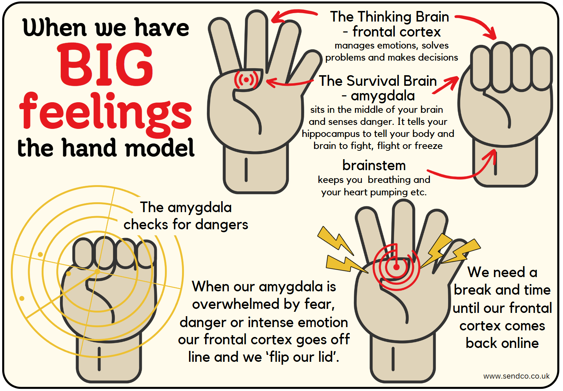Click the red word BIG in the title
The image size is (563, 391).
(105, 65)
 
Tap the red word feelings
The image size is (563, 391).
(105, 111)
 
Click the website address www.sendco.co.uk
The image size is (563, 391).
(516, 376)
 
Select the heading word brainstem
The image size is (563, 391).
(374, 166)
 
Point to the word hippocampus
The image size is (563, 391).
(330, 134)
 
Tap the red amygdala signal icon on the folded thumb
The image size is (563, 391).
(246, 80)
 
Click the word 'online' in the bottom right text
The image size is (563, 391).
(520, 343)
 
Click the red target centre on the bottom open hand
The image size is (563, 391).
(396, 267)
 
